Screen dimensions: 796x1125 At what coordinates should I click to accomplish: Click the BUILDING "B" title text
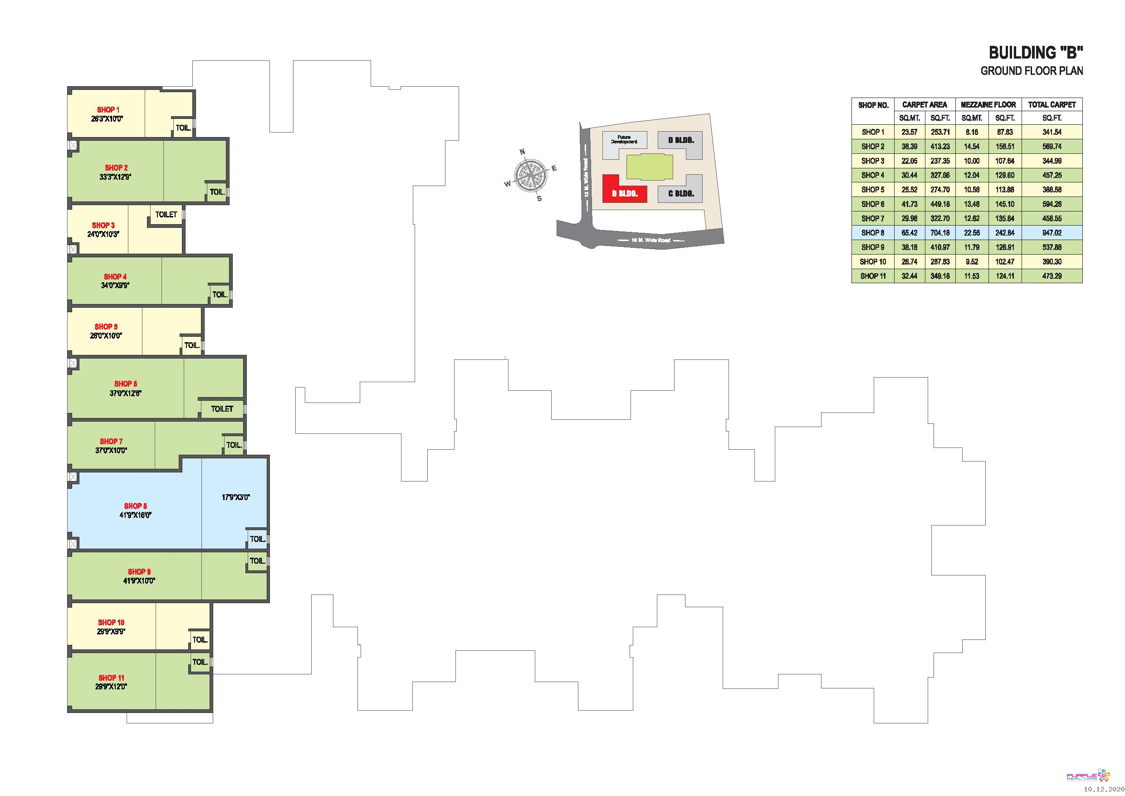point(1035,53)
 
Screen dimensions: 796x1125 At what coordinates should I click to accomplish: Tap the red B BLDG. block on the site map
point(624,189)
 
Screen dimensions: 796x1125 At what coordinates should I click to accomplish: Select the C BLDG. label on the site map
point(680,194)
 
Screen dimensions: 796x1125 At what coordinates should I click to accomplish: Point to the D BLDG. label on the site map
point(680,140)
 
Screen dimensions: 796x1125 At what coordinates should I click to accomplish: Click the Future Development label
point(624,139)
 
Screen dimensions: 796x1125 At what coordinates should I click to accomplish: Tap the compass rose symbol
point(530,175)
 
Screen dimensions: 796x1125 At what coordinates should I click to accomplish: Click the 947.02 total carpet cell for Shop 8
point(1052,233)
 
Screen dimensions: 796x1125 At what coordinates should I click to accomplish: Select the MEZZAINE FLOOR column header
point(988,104)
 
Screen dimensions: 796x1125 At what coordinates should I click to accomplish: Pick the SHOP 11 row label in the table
point(873,276)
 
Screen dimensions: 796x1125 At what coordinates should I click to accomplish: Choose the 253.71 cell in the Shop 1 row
point(940,132)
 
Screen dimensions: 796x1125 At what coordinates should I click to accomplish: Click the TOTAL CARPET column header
point(1052,104)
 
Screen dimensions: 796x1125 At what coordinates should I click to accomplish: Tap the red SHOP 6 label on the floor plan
point(126,384)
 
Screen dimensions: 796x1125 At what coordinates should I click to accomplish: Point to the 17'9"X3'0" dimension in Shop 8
point(236,497)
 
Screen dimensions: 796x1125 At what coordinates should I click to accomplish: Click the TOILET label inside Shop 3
point(166,214)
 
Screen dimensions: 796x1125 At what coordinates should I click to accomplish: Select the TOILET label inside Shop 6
point(222,409)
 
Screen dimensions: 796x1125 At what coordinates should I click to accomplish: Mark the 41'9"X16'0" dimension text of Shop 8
point(135,515)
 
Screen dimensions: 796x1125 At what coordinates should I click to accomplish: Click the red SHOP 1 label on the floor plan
point(108,110)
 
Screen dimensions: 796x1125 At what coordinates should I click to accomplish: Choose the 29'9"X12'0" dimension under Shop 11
point(111,687)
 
